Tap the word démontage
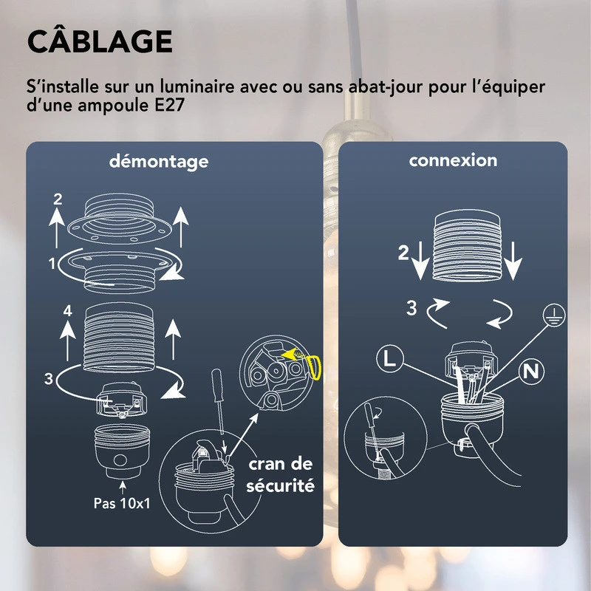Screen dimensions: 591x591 point(158,161)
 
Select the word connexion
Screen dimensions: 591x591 point(453,160)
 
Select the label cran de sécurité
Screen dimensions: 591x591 point(281,475)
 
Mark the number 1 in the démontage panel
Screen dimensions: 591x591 point(52,262)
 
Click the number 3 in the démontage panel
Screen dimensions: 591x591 point(49,380)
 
